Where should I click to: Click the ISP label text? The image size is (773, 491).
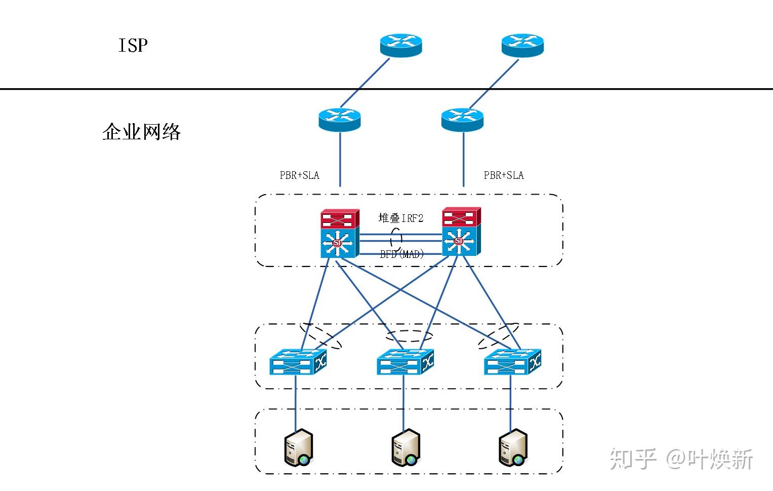[x=133, y=46]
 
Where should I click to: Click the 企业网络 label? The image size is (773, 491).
[x=142, y=132]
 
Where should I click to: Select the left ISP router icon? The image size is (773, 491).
[x=400, y=46]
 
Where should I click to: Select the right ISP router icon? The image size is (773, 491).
[x=522, y=46]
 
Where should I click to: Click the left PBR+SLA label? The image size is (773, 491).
[x=299, y=175]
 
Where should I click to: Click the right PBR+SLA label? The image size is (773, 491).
[x=504, y=175]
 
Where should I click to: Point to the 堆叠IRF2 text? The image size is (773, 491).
[x=401, y=218]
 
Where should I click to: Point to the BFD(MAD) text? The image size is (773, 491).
[x=402, y=254]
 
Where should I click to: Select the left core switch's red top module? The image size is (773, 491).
[x=340, y=219]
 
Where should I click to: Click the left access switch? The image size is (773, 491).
[x=298, y=361]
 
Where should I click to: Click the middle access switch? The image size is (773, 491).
[x=405, y=361]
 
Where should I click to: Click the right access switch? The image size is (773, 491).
[x=512, y=361]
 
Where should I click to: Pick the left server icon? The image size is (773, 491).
[x=298, y=447]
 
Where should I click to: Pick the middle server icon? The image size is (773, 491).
[x=405, y=447]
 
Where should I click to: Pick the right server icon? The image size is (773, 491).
[x=513, y=447]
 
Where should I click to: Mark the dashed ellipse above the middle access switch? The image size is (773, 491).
[x=409, y=336]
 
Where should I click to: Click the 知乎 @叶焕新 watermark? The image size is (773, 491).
[x=681, y=459]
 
